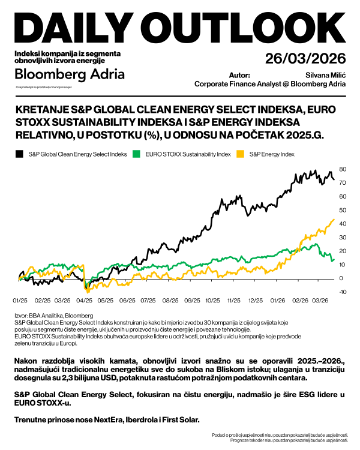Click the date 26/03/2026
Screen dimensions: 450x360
[x=305, y=58]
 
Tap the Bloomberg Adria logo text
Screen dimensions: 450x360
[x=70, y=74]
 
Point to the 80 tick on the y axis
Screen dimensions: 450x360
[x=343, y=169]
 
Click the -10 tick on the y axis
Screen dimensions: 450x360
[x=342, y=292]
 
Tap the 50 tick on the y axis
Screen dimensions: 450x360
[x=343, y=210]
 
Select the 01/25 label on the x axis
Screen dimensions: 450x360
[x=20, y=299]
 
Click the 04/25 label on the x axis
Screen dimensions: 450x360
[x=85, y=299]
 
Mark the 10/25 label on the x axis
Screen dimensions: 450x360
[x=213, y=299]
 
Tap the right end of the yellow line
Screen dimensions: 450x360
[x=334, y=219]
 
